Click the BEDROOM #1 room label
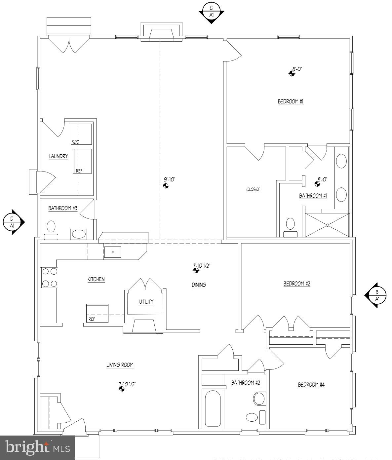[290, 101]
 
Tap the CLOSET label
[253, 190]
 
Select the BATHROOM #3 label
[63, 208]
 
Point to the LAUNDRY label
[58, 156]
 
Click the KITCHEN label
[96, 279]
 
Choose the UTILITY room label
[146, 301]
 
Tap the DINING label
[199, 285]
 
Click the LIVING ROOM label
[120, 365]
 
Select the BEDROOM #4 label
[311, 385]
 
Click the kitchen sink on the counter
[113, 252]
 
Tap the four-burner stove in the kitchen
[49, 278]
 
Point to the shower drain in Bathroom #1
[327, 225]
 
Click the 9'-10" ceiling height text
[170, 179]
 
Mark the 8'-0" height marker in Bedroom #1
[297, 69]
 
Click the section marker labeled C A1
[212, 12]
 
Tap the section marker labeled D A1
[12, 222]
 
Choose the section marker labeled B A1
[376, 295]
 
